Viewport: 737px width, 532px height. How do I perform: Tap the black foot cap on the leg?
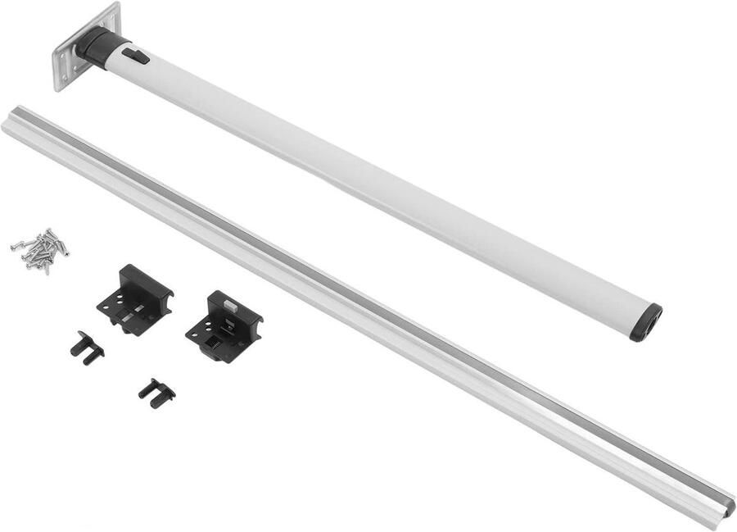[646, 322]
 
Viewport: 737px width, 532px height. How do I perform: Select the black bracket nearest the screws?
[135, 299]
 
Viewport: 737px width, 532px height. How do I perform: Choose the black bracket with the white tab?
[224, 325]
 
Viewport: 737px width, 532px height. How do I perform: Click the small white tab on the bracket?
[232, 303]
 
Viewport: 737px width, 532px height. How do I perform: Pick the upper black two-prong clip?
[87, 348]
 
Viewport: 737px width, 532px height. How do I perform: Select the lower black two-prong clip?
[156, 393]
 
